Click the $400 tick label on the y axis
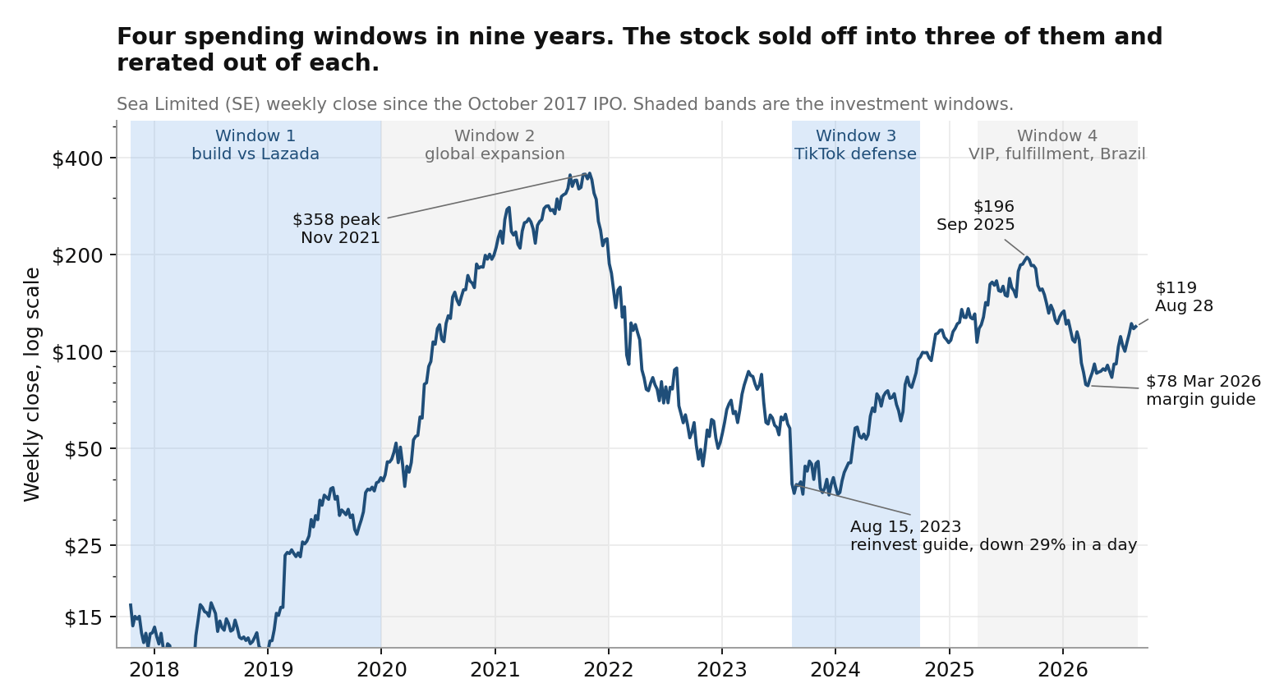click(77, 158)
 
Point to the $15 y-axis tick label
click(84, 618)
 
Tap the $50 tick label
click(84, 450)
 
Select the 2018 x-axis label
click(154, 669)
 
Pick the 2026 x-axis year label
click(1063, 669)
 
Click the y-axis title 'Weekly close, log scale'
click(32, 384)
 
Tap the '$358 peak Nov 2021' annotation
click(337, 228)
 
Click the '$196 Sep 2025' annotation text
click(976, 215)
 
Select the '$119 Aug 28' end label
click(1184, 296)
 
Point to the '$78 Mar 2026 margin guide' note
click(1203, 390)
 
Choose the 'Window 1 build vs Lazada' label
click(255, 145)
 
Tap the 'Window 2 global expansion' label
click(495, 145)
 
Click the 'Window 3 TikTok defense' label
click(855, 145)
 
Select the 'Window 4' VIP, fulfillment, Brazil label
click(1057, 145)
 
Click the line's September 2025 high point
click(1027, 257)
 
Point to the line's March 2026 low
click(1087, 385)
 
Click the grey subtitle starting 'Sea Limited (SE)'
click(564, 104)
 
